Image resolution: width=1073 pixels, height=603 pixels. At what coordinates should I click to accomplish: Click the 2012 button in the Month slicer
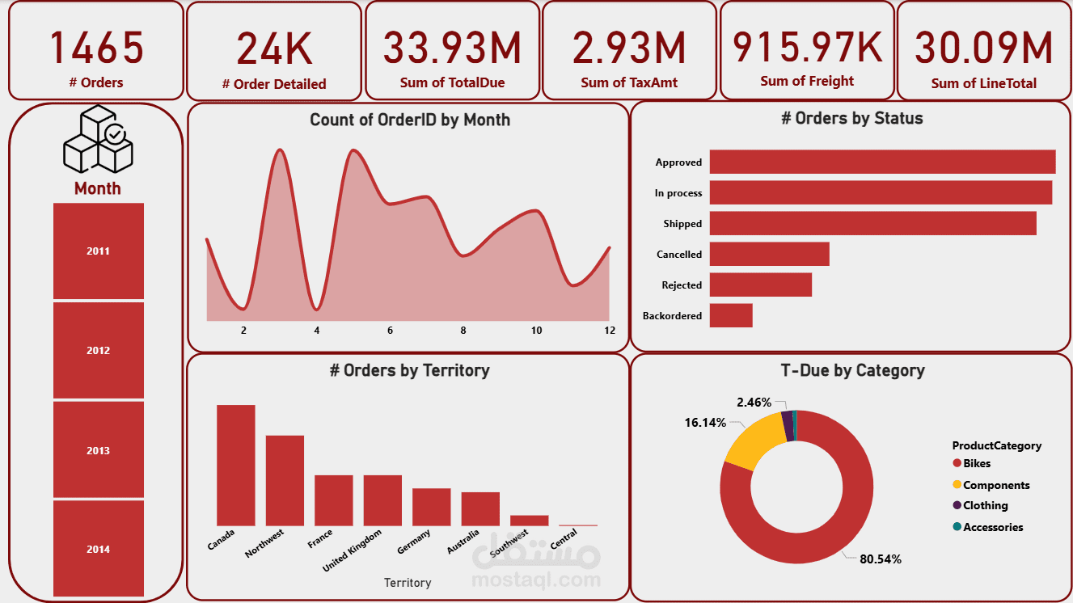pos(98,351)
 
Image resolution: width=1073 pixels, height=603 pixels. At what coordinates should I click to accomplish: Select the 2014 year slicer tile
pos(98,550)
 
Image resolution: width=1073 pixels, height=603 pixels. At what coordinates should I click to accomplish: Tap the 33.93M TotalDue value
pos(452,48)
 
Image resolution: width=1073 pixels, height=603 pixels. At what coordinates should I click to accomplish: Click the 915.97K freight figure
pos(807,46)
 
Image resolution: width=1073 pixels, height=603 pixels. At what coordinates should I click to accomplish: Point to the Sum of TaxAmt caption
pos(629,82)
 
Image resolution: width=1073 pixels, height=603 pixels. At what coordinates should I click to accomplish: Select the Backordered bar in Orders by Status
pos(731,315)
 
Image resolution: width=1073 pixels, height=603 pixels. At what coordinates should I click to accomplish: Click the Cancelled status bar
pos(769,254)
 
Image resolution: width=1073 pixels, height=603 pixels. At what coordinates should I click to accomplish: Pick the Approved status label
pos(678,162)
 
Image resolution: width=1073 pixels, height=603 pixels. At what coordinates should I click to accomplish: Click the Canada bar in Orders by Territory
pos(235,465)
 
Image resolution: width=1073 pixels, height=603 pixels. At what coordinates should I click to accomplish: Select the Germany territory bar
pos(431,507)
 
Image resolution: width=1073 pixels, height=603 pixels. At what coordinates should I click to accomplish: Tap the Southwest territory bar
pos(529,521)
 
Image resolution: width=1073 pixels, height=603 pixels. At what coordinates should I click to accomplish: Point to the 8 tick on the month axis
pos(463,331)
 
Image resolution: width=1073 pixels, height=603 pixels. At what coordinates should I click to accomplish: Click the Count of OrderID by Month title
pos(410,120)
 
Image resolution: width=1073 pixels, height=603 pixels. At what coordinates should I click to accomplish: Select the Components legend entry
pos(996,485)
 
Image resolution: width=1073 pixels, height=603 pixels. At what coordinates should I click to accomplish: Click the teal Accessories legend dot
pos(957,527)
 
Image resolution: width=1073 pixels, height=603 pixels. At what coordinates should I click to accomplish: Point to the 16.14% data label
pos(705,423)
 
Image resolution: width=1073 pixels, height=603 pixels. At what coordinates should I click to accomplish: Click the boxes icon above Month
pos(98,141)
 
